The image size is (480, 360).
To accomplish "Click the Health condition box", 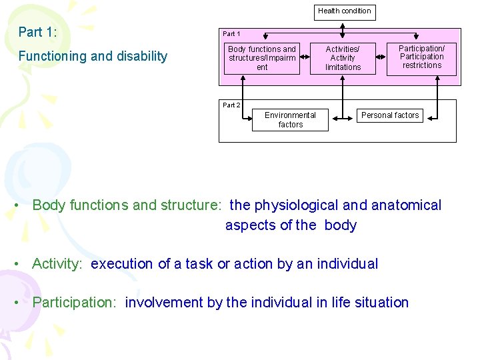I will [344, 11].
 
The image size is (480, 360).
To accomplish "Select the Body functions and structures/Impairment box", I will [262, 58].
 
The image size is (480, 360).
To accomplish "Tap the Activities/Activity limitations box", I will [343, 58].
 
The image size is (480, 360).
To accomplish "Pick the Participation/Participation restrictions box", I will [421, 57].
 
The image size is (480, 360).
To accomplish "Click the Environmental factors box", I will [290, 120].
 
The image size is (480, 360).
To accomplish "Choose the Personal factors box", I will [390, 116].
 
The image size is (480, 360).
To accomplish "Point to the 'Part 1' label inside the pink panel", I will [231, 34].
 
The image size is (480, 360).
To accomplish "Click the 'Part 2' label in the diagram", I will [231, 105].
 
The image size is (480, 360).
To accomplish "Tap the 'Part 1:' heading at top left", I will [37, 32].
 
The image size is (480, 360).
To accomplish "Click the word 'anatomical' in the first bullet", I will [405, 205].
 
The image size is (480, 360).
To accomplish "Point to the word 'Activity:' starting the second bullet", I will [57, 264].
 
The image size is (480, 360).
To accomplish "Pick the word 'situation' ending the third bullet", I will [380, 303].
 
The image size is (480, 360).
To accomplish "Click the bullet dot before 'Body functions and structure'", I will [15, 205].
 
